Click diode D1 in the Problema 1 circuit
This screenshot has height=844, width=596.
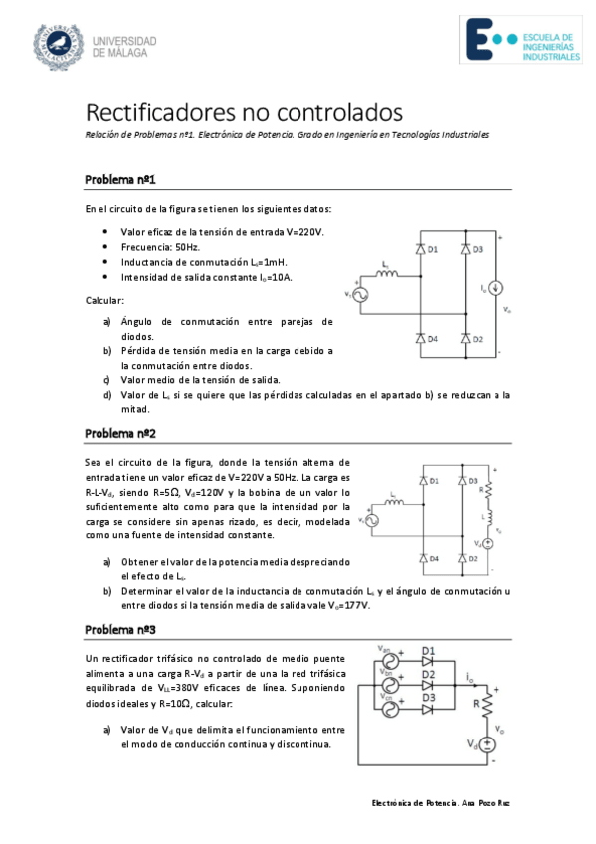click(x=420, y=249)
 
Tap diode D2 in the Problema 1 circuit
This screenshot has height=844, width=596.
click(x=465, y=339)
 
